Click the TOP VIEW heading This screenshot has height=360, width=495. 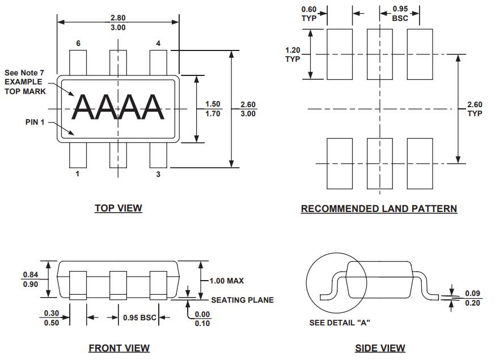coord(118,208)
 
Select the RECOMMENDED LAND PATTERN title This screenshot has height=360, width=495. coord(379,209)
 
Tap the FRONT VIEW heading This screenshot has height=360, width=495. coord(119,348)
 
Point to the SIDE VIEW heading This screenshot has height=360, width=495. coord(380,348)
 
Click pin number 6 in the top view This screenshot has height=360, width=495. coord(78,44)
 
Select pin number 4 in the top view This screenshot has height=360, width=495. coord(158,44)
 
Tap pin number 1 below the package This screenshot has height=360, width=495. coord(78,174)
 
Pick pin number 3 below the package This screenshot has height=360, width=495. coord(158,174)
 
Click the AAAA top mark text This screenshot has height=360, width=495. coord(119,107)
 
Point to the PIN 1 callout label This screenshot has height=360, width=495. coord(35,122)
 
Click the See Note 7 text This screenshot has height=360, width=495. coord(24,73)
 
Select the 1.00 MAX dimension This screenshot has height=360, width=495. coord(226,281)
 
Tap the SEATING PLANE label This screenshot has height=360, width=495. coord(242,300)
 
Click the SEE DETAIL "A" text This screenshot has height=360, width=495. coord(340,323)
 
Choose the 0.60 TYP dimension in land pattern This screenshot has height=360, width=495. coord(309,13)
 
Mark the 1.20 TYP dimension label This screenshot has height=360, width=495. coord(293,54)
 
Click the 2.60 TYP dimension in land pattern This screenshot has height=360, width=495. coord(475,109)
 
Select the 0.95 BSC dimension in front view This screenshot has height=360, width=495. coord(139,317)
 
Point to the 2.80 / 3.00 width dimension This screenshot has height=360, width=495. coord(118,23)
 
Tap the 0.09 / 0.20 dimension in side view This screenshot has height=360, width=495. coord(472,298)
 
